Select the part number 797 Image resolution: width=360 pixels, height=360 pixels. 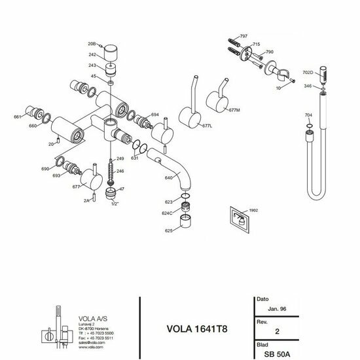(x=243, y=35)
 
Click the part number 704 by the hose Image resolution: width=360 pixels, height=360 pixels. (x=309, y=115)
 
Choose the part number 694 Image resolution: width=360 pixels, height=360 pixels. (x=154, y=114)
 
